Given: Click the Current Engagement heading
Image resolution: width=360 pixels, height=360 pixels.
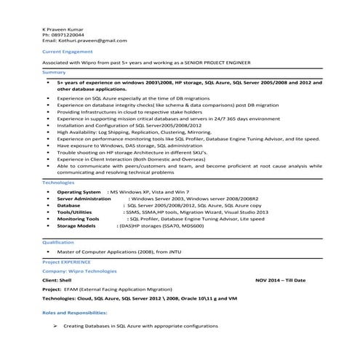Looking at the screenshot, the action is tap(67, 52).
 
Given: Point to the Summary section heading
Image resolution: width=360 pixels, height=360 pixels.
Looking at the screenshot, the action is tap(54, 73).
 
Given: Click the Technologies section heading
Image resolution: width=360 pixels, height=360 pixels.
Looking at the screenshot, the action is tap(58, 182).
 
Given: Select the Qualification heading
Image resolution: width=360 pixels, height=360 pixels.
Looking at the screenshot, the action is tap(58, 241).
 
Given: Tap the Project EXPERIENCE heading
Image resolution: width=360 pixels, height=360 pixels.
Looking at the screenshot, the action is tap(67, 260).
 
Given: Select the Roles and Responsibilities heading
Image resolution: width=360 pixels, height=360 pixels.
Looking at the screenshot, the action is tap(75, 311).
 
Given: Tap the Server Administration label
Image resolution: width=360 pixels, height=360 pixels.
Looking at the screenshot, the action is tap(84, 199).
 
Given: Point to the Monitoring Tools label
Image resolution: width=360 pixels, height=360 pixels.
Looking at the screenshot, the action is tap(78, 219).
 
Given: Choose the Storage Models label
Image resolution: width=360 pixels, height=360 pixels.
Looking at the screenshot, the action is tap(76, 226).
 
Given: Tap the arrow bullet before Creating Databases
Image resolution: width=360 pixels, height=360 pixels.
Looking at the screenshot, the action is tap(55, 327).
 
